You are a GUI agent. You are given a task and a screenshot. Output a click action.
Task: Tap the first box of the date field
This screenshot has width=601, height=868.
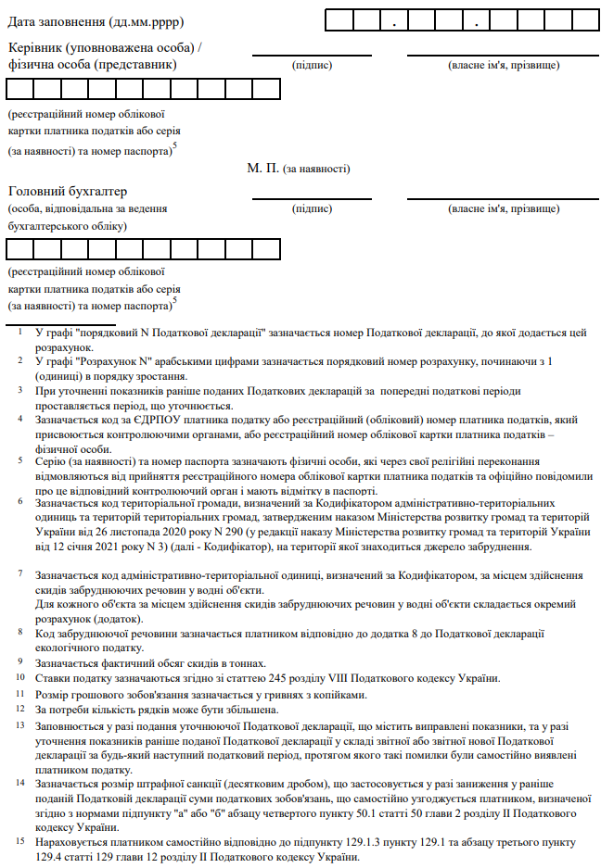pos(339,19)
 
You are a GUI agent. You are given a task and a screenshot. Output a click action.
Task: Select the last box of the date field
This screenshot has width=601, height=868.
pos(582,19)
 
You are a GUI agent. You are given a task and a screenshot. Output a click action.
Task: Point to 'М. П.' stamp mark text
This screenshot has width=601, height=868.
pos(263,169)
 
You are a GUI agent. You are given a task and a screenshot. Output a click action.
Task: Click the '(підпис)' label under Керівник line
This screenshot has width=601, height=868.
pos(312,65)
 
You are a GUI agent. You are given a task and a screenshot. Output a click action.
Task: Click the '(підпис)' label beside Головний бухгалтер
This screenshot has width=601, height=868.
pos(312,208)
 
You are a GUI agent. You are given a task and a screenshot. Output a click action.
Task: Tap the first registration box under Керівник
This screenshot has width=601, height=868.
pos(19,89)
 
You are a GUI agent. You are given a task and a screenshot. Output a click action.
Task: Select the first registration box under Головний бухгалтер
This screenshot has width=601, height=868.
pos(19,249)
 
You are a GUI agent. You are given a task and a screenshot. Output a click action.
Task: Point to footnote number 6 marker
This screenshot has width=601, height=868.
pos(19,500)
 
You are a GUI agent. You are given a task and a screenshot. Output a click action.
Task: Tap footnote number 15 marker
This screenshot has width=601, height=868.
pos(20,841)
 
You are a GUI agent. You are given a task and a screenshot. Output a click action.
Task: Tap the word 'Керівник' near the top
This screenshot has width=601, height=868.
pos(39,47)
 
